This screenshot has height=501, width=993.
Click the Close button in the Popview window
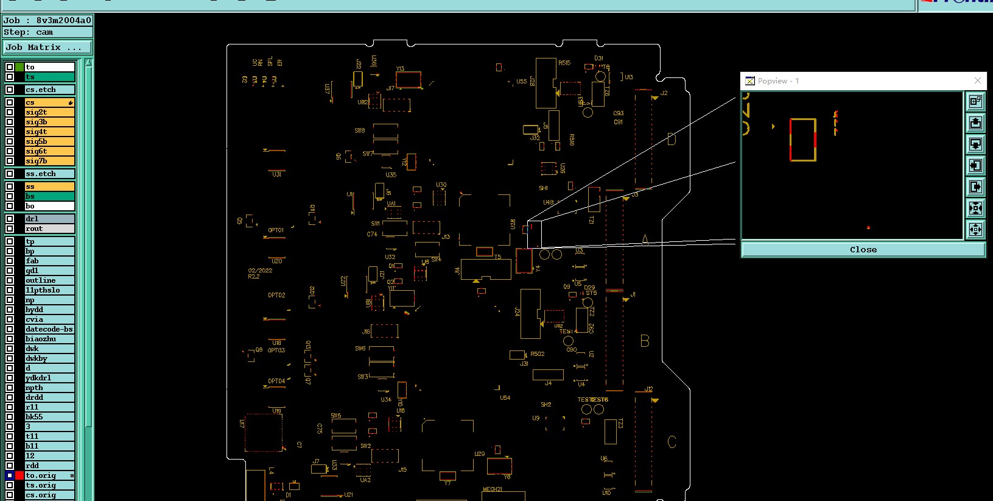click(x=863, y=250)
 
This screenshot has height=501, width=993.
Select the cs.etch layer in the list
click(x=49, y=90)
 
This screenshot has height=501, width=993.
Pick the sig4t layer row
click(x=49, y=132)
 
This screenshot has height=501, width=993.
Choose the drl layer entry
click(x=49, y=219)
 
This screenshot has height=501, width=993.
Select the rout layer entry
click(x=49, y=229)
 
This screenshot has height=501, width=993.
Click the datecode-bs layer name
click(x=49, y=329)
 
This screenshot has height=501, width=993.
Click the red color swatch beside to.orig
click(x=19, y=475)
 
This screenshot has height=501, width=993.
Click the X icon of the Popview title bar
click(x=977, y=80)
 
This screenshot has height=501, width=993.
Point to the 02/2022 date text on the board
click(x=260, y=271)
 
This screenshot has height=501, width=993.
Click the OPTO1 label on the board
click(x=276, y=230)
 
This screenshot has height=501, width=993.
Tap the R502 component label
click(x=537, y=354)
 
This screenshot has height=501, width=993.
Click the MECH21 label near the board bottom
click(x=492, y=489)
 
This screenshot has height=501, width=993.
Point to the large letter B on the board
click(x=645, y=341)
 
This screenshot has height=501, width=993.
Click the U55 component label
click(x=521, y=82)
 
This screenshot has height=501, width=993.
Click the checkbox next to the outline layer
click(x=10, y=280)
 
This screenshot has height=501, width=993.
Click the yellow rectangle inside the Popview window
click(x=802, y=140)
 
